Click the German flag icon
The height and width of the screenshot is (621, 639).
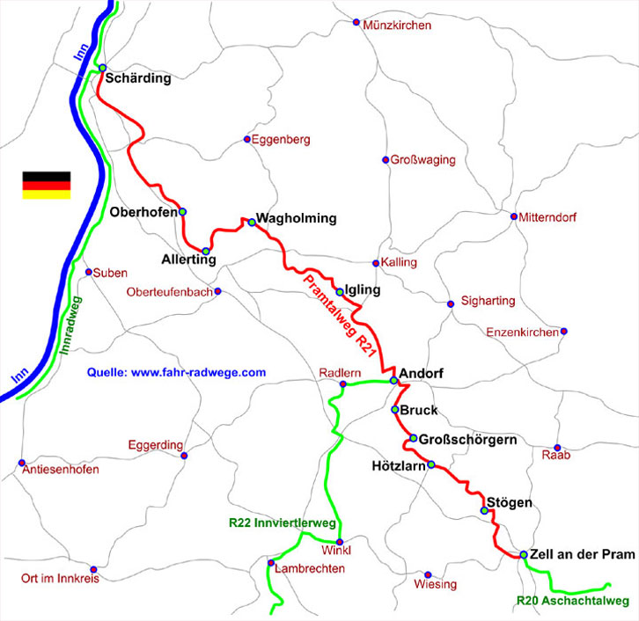(x=46, y=185)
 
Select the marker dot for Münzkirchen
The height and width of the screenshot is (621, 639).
(x=356, y=22)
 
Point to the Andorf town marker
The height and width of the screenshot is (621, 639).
(x=394, y=381)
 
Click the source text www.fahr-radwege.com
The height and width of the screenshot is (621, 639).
(x=176, y=373)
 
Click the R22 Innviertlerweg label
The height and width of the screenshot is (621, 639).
(x=282, y=522)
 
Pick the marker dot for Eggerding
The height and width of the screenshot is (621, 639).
(x=184, y=456)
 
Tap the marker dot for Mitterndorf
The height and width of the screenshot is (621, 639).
(x=514, y=216)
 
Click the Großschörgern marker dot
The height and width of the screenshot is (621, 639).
(x=413, y=438)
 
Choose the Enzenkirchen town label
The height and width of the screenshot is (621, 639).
(x=522, y=332)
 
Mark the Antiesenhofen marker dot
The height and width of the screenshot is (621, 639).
(x=20, y=463)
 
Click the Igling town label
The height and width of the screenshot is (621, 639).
(x=364, y=289)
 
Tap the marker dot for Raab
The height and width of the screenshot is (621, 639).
(x=557, y=447)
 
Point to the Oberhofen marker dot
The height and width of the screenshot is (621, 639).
(x=183, y=212)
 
